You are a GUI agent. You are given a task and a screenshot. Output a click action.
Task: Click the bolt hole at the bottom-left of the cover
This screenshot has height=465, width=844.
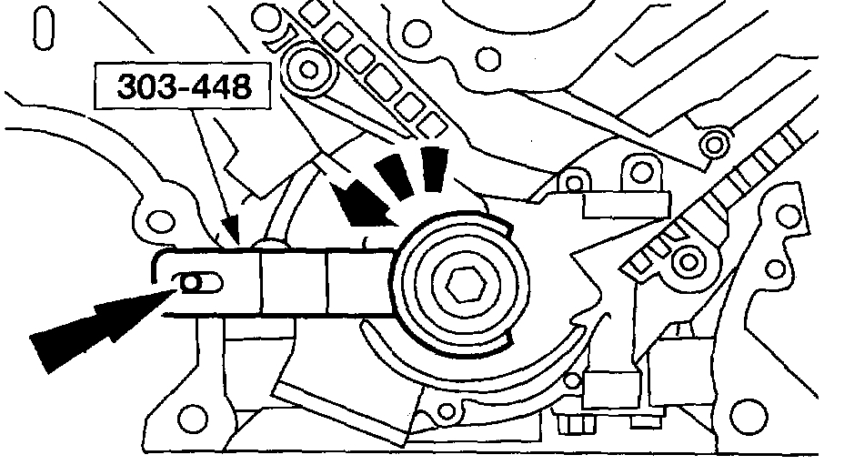pyautogui.click(x=188, y=419)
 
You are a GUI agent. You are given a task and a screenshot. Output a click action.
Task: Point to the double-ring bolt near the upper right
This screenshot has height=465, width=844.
pyautogui.click(x=716, y=142)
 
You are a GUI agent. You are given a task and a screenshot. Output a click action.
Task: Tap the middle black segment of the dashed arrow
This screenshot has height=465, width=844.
pyautogui.click(x=397, y=177)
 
